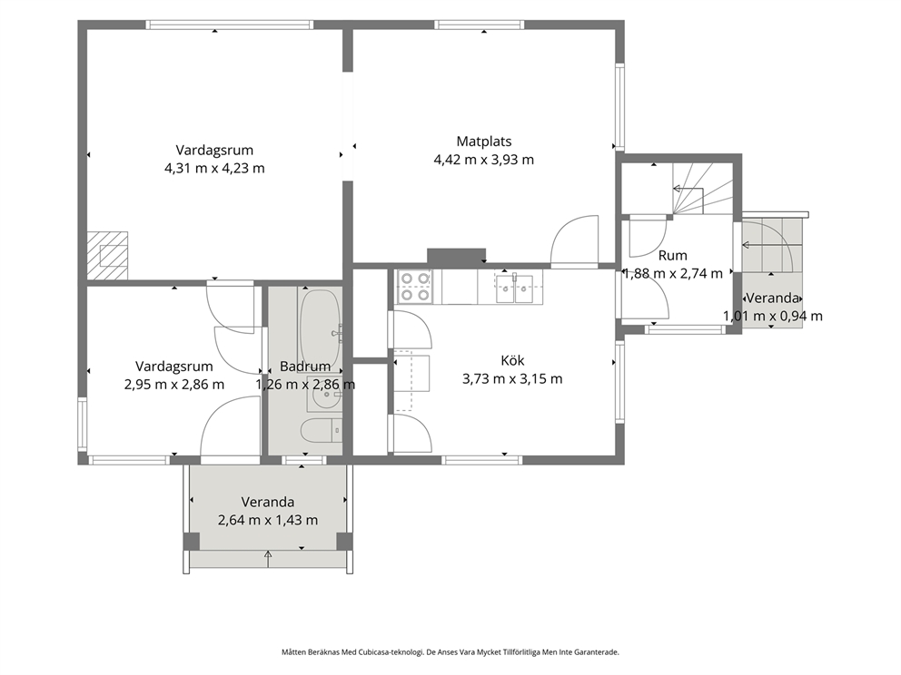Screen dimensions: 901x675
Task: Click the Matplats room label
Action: click(484, 142)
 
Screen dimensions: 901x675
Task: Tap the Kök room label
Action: click(512, 360)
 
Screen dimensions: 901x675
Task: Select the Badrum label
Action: click(305, 367)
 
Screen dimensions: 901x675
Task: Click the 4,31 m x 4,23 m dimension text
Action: click(214, 168)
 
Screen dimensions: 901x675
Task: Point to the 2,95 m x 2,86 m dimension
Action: click(174, 385)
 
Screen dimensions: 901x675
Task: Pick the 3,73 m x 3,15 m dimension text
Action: click(512, 379)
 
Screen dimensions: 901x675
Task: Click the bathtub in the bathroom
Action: click(320, 324)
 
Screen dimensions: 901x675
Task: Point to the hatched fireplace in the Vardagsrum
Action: click(107, 256)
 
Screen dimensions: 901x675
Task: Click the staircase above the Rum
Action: click(702, 189)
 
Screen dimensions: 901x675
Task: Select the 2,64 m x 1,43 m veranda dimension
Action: click(268, 521)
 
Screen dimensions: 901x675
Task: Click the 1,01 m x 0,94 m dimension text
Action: click(772, 317)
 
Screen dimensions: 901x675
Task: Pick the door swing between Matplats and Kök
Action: click(575, 241)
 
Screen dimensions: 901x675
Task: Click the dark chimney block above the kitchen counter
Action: click(457, 257)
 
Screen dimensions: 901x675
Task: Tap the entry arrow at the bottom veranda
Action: click(268, 559)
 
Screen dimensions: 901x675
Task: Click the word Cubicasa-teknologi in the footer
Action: click(391, 652)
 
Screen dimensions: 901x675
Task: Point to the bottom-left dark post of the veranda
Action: click(192, 542)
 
